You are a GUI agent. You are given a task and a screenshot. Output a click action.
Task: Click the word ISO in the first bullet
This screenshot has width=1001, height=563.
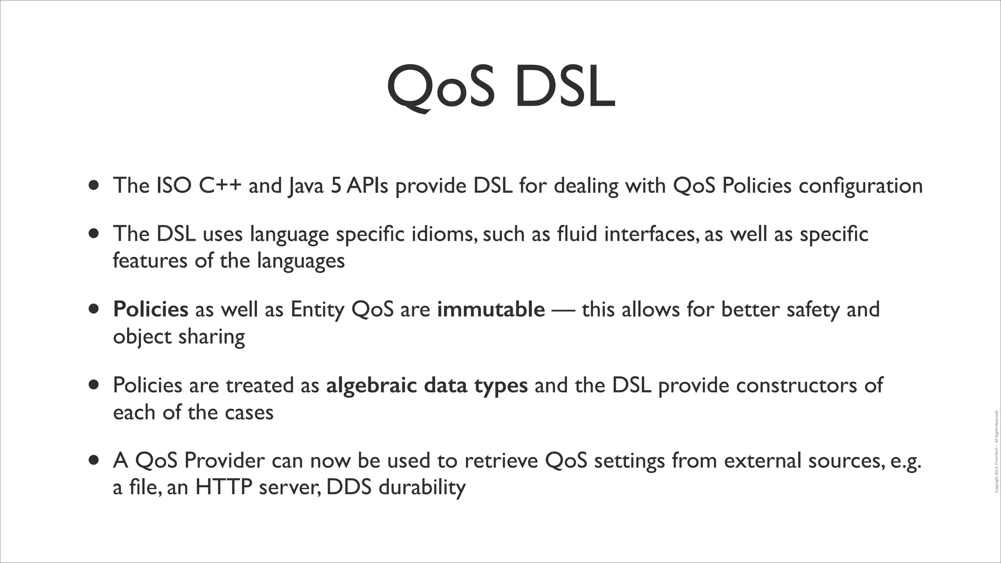[x=174, y=186]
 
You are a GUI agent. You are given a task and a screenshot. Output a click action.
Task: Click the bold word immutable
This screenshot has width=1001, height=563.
[x=491, y=309]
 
